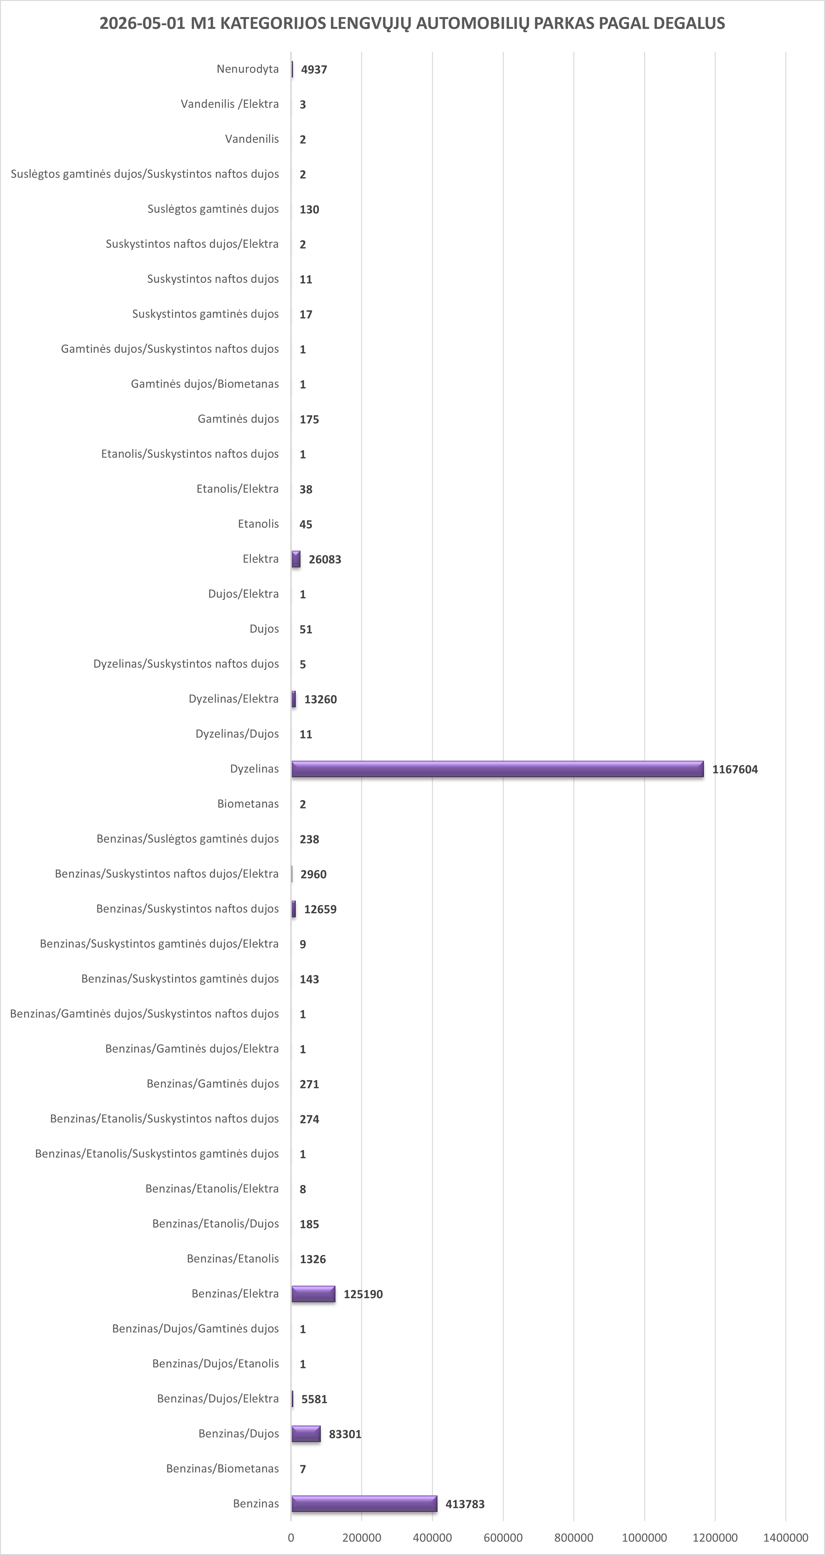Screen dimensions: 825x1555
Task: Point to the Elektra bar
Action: [296, 559]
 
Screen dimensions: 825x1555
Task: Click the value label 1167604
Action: [735, 769]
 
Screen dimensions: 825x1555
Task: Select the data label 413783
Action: [465, 1504]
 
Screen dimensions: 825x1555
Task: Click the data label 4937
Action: [314, 69]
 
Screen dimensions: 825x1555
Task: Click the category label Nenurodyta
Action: [247, 69]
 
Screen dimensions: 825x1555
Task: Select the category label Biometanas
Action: [248, 803]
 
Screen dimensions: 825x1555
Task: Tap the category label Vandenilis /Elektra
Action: [230, 104]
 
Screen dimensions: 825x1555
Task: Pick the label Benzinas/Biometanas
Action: [223, 1468]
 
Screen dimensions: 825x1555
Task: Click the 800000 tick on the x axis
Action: [573, 1537]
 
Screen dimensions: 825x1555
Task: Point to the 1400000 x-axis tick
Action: [786, 1537]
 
